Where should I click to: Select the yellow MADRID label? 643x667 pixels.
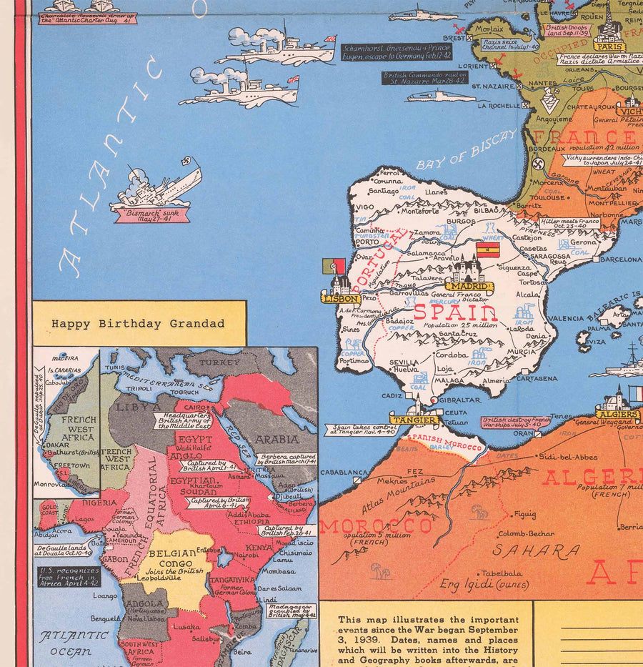coord(469,287)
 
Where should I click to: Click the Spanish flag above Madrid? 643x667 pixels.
coord(487,250)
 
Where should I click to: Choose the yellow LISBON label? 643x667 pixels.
coord(340,299)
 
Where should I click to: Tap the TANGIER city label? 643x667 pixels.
coord(414,419)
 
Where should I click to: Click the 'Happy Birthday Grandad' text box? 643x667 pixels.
coord(138,323)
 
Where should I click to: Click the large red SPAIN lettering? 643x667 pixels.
coord(455,312)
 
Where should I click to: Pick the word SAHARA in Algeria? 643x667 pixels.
coord(536,550)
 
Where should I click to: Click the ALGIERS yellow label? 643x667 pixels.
coord(617,414)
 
